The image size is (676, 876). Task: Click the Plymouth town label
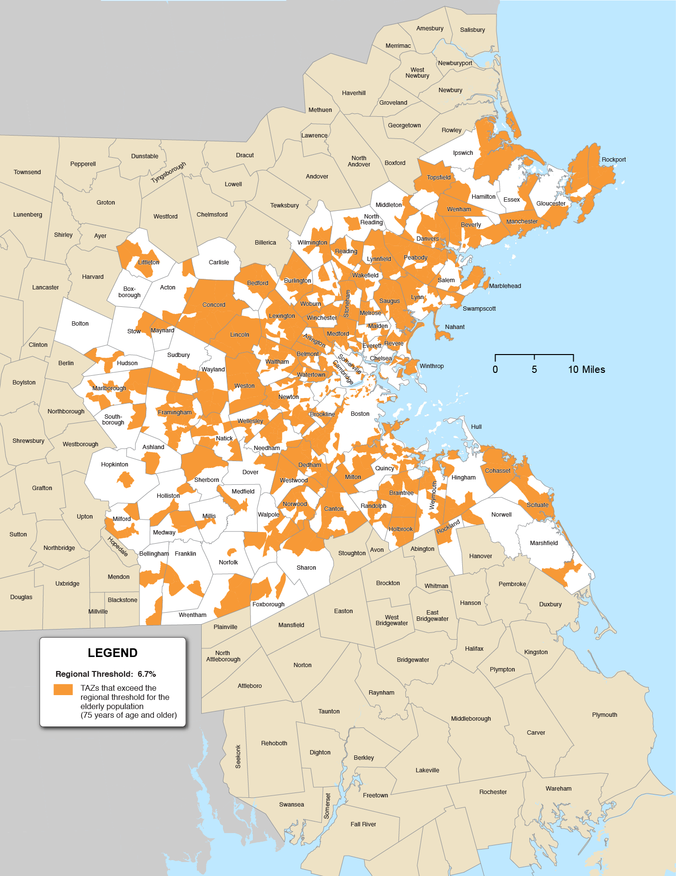coord(604,714)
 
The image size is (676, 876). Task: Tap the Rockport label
coord(613,159)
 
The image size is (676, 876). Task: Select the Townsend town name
coord(27,172)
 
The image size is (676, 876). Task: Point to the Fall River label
coord(363,824)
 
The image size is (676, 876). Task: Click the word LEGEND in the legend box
coord(112,653)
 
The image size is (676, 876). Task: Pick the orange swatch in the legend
coord(63,689)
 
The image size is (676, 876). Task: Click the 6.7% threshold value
coord(147,674)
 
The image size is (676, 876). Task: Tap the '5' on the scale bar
coord(534,370)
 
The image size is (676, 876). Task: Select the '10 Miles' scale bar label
coord(586,370)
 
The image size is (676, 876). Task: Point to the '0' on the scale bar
coord(495,370)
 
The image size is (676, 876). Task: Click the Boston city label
coord(360,413)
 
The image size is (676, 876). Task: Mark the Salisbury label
coord(472,29)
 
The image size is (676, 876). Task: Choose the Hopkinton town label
coord(114,464)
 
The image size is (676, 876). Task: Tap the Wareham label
coord(558,788)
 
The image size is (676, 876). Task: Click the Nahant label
coord(455,327)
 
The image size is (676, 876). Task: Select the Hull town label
coord(476,426)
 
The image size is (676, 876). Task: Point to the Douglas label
coord(21,597)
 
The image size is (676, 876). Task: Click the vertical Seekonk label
coord(238,756)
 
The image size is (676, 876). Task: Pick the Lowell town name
coord(233,184)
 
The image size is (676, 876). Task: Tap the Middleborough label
coord(470,718)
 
